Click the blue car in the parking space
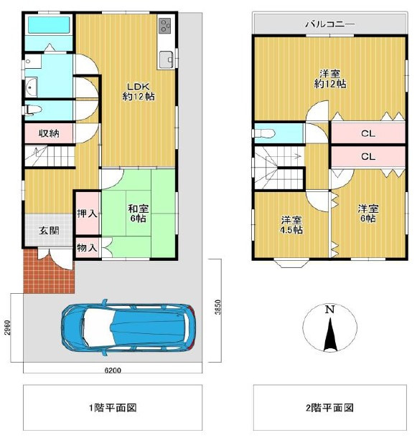127,327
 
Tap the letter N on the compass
329,310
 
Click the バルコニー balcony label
329,24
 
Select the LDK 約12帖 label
139,89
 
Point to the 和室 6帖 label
139,214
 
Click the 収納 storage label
49,133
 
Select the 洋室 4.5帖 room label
291,224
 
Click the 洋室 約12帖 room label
330,78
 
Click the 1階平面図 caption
113,408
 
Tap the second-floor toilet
263,133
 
